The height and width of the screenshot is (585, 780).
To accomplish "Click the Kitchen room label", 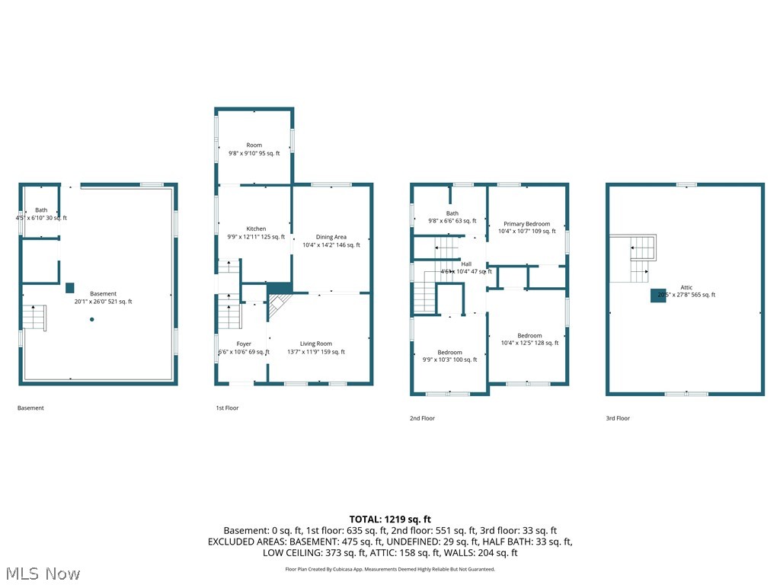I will pos(256,229).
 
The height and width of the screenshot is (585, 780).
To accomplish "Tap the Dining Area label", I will pos(331,237).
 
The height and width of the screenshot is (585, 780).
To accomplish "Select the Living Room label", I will pos(315,344).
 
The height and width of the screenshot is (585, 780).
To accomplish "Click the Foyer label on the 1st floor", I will pos(244,344).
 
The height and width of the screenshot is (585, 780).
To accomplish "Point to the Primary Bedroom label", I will pos(526,224).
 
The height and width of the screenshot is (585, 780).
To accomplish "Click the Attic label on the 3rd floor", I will pos(686,287).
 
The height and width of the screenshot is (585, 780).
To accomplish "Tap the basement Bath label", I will pos(41,210).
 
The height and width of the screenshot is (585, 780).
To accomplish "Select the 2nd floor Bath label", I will pos(452,213).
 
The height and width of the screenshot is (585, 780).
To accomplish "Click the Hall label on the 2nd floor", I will pos(466,264).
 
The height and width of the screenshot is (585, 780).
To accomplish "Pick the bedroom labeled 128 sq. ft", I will pos(529,335).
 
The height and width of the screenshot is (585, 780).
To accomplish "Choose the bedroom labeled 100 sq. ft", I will pos(449,352).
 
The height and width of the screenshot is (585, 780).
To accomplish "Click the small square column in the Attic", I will pos(657,296).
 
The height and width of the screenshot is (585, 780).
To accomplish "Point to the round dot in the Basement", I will pos(91,319).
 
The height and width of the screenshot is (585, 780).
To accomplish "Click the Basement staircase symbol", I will pos(35,317).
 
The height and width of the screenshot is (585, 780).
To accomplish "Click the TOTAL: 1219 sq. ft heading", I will pos(390,519).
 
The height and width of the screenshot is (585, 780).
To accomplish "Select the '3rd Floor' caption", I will pos(618,418).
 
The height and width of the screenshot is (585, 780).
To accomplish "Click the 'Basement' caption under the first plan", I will pos(30,408).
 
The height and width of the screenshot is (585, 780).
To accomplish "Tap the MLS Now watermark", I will pos(42,573).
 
